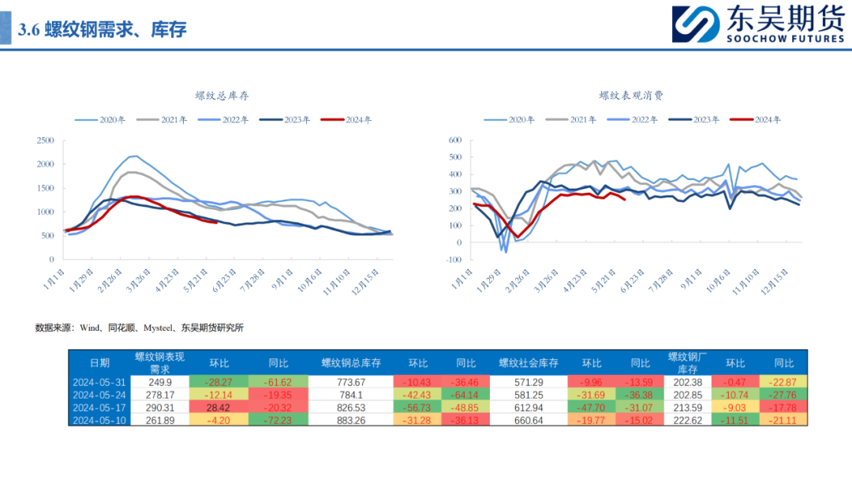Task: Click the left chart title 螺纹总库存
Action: tap(222, 96)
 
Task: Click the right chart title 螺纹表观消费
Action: tap(631, 96)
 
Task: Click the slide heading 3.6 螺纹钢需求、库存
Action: tap(102, 30)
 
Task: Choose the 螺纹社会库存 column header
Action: tap(529, 363)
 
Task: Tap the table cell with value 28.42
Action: tap(218, 407)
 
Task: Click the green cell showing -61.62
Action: tap(278, 382)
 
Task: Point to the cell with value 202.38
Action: tap(686, 382)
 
